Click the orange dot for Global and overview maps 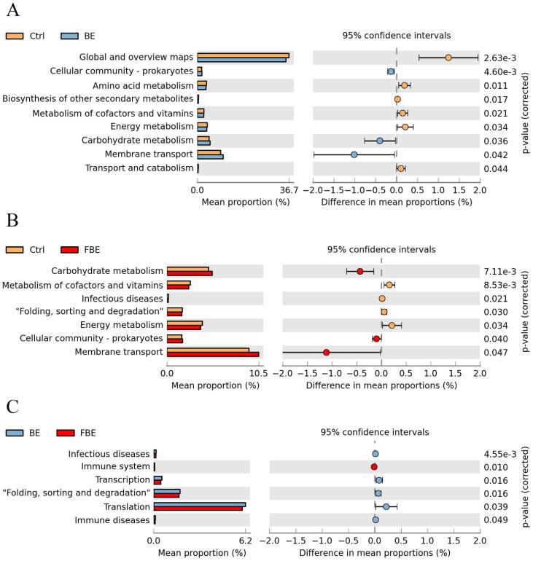click(x=448, y=58)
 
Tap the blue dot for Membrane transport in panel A click(x=354, y=154)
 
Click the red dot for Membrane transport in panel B click(x=326, y=353)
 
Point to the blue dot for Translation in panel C click(x=386, y=506)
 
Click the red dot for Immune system click(x=374, y=466)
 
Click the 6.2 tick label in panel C click(x=246, y=541)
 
